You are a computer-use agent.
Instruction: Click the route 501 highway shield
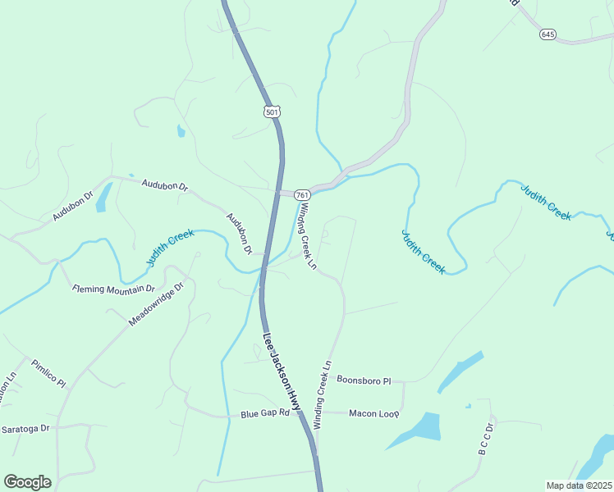[273, 111]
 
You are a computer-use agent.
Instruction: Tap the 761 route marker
[302, 195]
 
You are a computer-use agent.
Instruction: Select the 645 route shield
[548, 34]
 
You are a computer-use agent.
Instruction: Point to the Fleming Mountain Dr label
[113, 289]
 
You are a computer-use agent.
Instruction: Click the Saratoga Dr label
[25, 429]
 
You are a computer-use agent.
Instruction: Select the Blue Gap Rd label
[265, 413]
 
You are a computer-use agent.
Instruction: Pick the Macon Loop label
[373, 412]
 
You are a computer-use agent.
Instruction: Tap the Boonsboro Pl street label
[364, 380]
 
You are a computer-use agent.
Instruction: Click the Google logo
[27, 481]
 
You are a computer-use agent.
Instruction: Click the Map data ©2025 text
[579, 485]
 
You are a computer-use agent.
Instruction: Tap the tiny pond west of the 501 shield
[181, 130]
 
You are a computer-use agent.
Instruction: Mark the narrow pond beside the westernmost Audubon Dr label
[103, 197]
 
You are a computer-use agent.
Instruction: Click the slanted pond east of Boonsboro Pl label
[460, 371]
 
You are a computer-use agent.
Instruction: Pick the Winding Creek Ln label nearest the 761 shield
[306, 236]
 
